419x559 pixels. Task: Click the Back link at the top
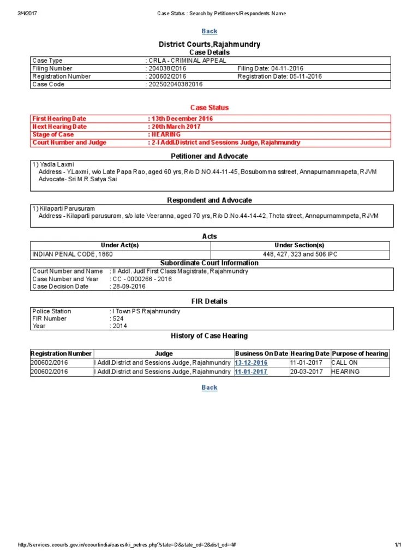[x=209, y=32]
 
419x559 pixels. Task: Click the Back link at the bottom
[x=209, y=388]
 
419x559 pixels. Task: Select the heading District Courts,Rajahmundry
[x=209, y=44]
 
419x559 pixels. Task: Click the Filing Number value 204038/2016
[x=167, y=69]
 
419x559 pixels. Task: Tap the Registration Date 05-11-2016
[x=279, y=76]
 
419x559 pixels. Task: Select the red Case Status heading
[x=209, y=108]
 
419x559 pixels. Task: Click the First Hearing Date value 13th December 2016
[x=181, y=118]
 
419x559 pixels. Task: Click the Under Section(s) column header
[x=300, y=246]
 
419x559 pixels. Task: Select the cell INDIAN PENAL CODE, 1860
[x=65, y=254]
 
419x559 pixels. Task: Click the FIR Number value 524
[x=118, y=319]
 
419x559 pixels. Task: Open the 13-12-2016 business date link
[x=251, y=363]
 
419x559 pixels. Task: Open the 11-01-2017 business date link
[x=251, y=372]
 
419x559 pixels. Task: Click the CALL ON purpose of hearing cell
[x=344, y=363]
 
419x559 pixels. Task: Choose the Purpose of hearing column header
[x=360, y=354]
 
